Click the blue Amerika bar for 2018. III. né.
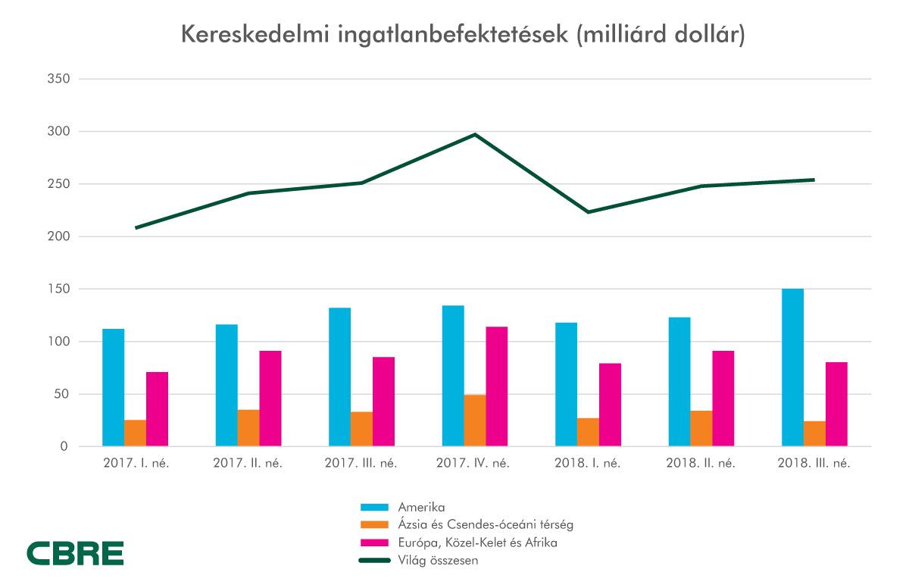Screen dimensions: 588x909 point(792,367)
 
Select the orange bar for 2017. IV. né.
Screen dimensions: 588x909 point(475,421)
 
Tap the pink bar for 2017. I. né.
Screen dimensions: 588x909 point(157,409)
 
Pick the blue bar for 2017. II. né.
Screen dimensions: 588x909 point(226,385)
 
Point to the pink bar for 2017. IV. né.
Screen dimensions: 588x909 point(497,386)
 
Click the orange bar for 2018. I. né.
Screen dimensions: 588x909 point(588,432)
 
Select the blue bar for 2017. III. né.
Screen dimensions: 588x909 point(339,377)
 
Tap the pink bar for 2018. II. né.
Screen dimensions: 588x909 point(723,399)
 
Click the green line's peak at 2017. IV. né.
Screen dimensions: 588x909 point(475,135)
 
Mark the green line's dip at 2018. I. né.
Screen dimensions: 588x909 point(589,212)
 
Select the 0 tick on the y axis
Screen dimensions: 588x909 point(64,446)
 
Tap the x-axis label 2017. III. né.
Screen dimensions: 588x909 point(361,463)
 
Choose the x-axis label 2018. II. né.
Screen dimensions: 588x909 point(701,463)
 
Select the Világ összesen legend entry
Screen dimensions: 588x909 point(439,561)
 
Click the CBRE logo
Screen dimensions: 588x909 point(75,554)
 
